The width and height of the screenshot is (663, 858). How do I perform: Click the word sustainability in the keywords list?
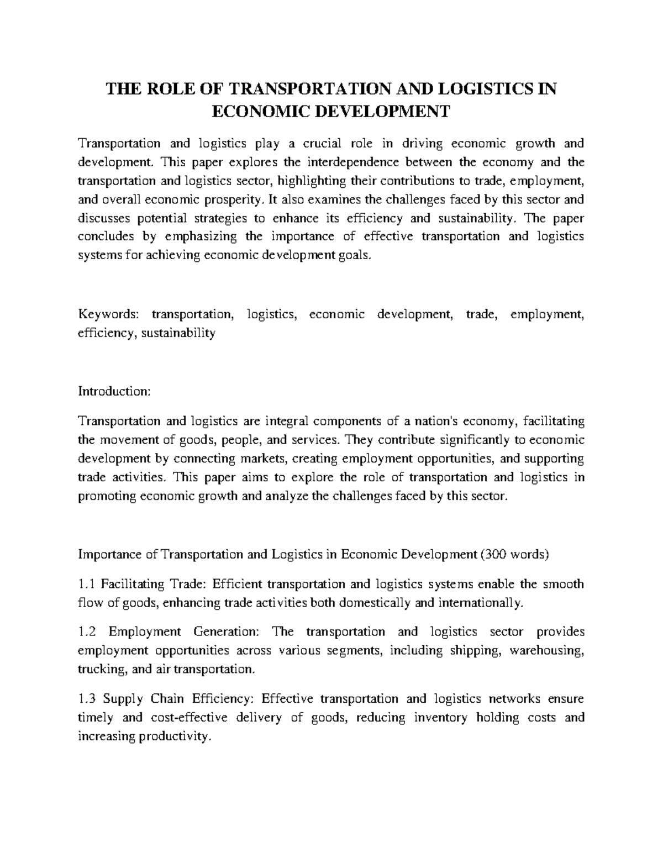178,333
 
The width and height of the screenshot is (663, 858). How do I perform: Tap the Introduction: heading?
114,392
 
